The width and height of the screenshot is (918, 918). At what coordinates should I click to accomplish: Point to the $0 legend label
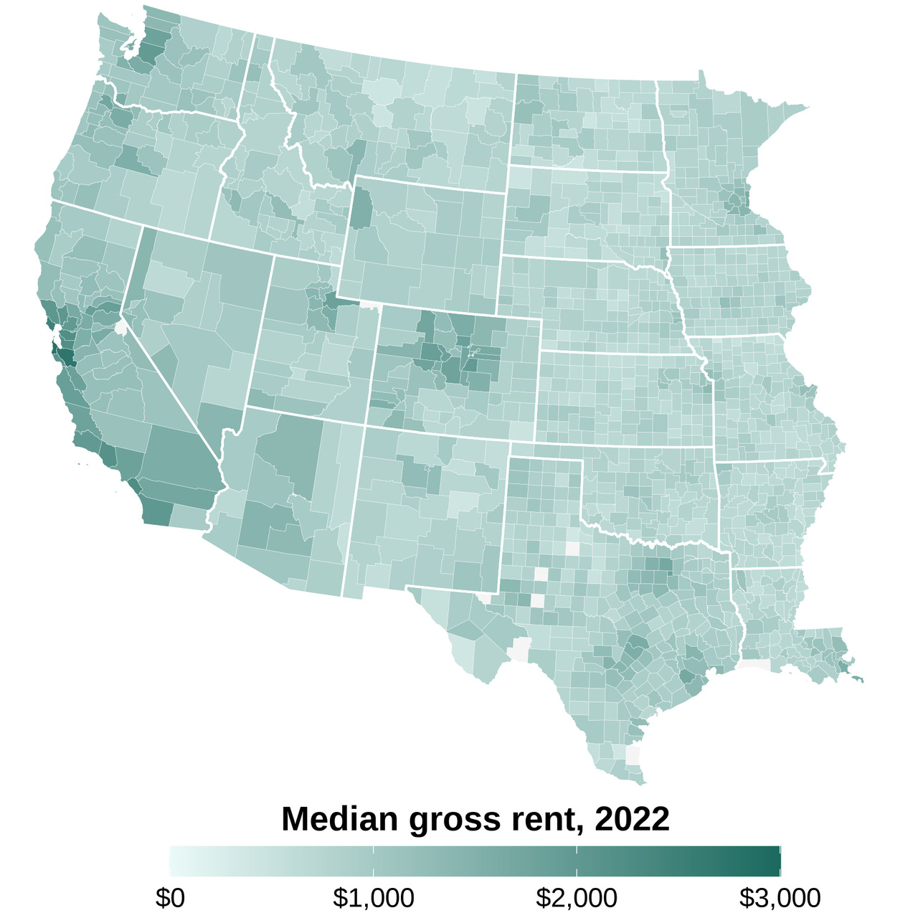[x=170, y=897]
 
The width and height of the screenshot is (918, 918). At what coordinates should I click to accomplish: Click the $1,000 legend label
[x=374, y=897]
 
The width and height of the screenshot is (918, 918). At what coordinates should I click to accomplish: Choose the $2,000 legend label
[x=577, y=897]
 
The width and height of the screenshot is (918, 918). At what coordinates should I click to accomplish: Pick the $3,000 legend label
[x=780, y=897]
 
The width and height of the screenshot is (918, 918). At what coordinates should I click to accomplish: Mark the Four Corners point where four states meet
[x=365, y=425]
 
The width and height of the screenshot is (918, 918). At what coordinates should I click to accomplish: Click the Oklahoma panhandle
[x=545, y=450]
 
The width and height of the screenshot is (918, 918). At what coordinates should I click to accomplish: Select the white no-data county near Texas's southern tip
[x=633, y=755]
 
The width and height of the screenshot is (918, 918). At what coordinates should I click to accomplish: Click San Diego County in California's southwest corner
[x=157, y=511]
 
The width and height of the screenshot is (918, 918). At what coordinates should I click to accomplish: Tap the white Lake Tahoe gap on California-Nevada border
[x=120, y=327]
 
